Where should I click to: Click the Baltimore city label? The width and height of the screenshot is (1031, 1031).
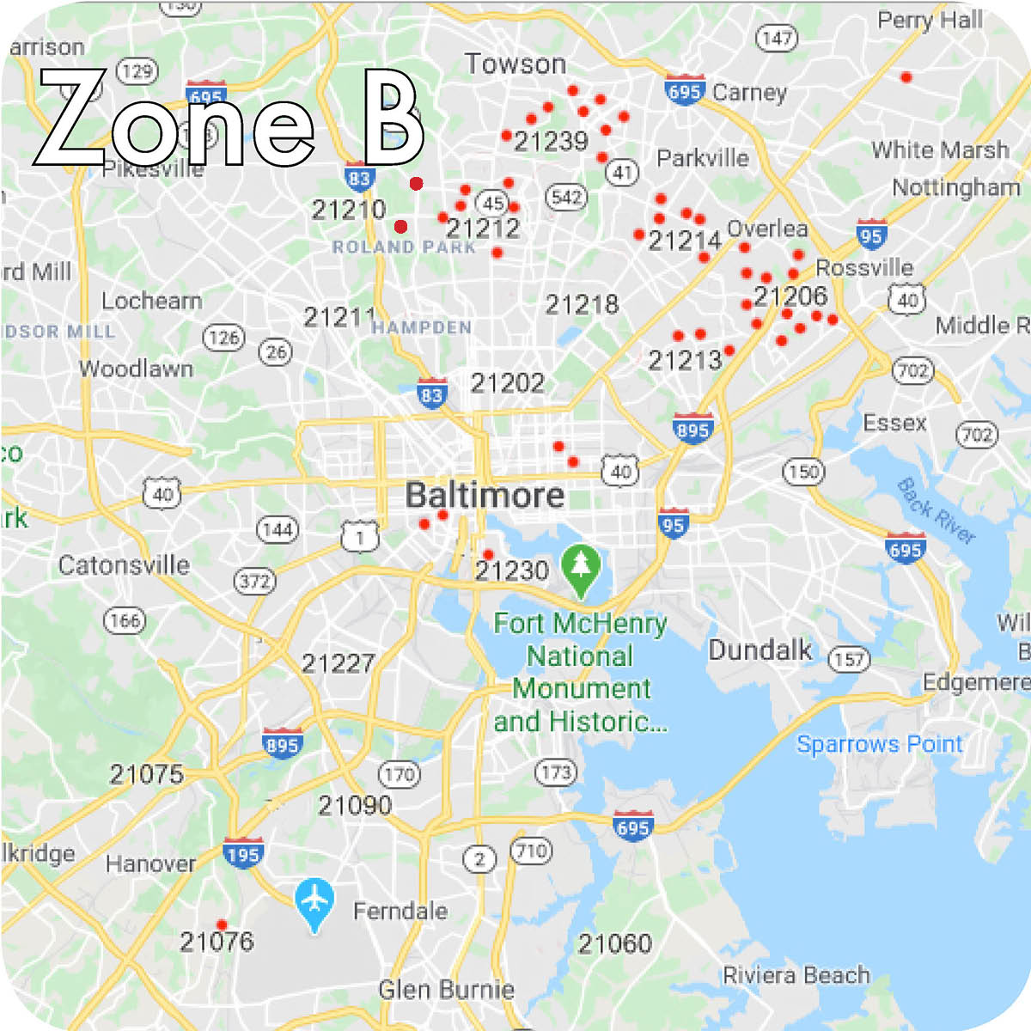click(x=485, y=496)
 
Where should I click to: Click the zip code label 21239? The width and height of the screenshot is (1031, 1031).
click(x=551, y=141)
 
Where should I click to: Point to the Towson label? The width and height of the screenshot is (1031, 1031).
click(x=515, y=64)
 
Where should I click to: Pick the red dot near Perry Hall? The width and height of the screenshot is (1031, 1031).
click(x=906, y=77)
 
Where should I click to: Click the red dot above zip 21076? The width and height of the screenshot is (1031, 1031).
click(x=222, y=924)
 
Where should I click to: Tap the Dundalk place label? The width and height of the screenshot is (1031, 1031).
click(x=760, y=650)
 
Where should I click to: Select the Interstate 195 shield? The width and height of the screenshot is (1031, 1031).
click(x=243, y=854)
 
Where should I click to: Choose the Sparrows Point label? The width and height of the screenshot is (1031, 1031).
click(x=880, y=744)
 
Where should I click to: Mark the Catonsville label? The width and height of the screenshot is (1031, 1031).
click(x=125, y=565)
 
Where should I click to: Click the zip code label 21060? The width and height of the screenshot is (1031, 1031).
click(x=614, y=944)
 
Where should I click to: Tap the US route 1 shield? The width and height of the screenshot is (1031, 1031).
click(x=359, y=537)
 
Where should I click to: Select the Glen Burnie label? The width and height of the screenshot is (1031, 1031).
click(x=447, y=990)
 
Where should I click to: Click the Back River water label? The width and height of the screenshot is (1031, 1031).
click(x=936, y=511)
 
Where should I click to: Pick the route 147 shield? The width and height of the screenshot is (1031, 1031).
click(x=776, y=38)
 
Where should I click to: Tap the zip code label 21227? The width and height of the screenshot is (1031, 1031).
click(x=339, y=663)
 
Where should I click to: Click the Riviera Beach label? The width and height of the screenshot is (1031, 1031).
click(x=796, y=975)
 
